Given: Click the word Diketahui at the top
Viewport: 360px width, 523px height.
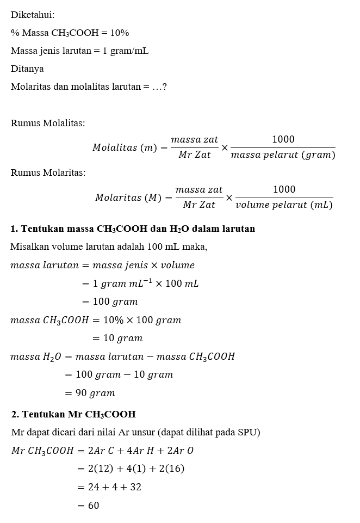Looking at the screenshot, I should tap(33, 15).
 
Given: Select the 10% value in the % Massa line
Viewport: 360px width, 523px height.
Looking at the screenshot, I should tap(119, 33).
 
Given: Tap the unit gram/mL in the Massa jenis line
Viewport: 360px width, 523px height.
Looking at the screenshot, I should tap(128, 51).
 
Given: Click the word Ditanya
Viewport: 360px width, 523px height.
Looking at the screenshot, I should tap(27, 69).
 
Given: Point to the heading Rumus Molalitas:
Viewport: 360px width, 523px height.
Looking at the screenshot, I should tap(48, 123).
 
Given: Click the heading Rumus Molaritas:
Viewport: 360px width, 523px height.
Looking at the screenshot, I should tap(48, 173).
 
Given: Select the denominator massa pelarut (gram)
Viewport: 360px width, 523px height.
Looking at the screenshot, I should tap(283, 156).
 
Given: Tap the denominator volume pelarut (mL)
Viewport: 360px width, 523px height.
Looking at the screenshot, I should tap(284, 205).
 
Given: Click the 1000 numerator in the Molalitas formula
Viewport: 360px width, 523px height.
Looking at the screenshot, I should tap(283, 140).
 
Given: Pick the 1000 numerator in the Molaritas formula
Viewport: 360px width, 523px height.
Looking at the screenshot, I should tap(284, 189).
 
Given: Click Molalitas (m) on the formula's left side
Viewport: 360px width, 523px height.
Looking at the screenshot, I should tap(125, 148).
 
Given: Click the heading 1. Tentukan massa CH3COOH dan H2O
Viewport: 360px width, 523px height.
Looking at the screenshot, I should tap(133, 229).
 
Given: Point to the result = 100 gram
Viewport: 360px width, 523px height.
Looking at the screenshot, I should tap(109, 302).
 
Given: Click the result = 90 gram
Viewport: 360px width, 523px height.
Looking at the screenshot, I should tap(90, 393).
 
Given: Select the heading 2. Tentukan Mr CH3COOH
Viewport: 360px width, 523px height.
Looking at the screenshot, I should tap(73, 414).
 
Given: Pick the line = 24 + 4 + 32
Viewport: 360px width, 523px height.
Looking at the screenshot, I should tap(109, 487).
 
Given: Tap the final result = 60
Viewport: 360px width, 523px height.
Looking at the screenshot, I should tap(88, 506).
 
